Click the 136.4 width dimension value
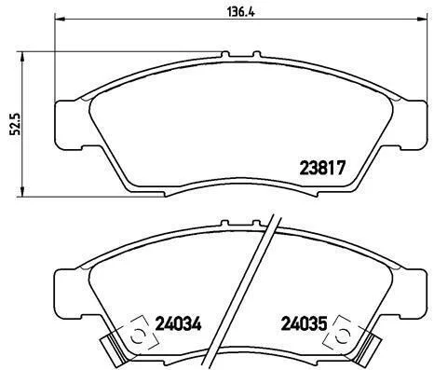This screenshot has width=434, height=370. pyautogui.click(x=241, y=12)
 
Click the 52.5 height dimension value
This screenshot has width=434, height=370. pyautogui.click(x=15, y=124)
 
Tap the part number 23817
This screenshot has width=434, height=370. pyautogui.click(x=322, y=168)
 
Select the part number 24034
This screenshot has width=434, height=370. pyautogui.click(x=178, y=323)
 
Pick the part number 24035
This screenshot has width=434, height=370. pyautogui.click(x=304, y=323)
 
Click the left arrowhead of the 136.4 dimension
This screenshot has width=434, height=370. pyautogui.click(x=60, y=20)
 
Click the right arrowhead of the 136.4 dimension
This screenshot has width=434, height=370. pyautogui.click(x=422, y=20)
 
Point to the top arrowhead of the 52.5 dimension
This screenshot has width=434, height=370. pyautogui.click(x=21, y=56)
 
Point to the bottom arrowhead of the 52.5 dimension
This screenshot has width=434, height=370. pyautogui.click(x=21, y=192)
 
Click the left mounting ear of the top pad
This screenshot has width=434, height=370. pyautogui.click(x=69, y=125)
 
